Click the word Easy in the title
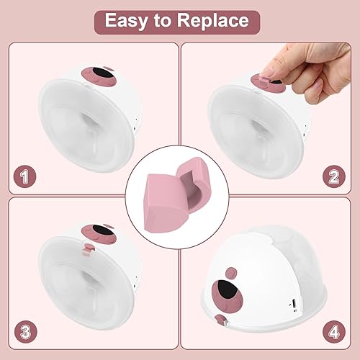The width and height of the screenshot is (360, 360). tap(128, 19)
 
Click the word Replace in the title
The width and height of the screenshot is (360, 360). tap(216, 19)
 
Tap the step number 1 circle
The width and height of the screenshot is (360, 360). tap(26, 175)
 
